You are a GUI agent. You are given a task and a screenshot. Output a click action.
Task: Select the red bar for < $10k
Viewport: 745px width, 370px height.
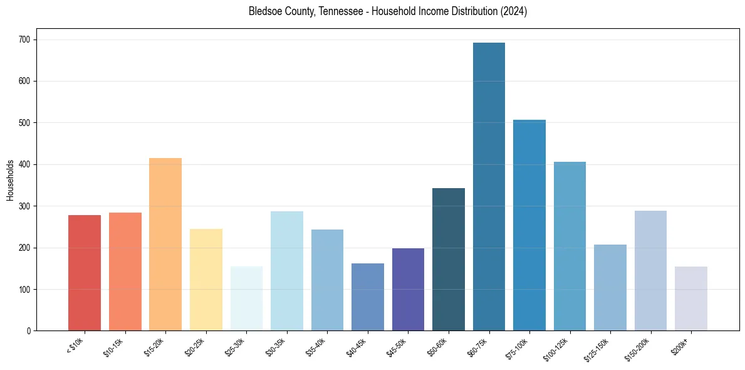pyautogui.click(x=85, y=273)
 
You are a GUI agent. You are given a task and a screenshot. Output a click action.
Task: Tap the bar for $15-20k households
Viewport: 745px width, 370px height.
pyautogui.click(x=165, y=245)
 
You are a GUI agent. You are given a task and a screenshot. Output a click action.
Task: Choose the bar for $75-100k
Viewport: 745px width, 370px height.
pyautogui.click(x=529, y=225)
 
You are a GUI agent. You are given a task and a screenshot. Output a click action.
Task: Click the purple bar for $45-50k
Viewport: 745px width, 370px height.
pyautogui.click(x=408, y=290)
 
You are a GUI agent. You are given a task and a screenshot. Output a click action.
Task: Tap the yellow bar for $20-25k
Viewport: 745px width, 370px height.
pyautogui.click(x=206, y=280)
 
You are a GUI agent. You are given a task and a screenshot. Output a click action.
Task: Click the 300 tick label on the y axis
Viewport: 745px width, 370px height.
pyautogui.click(x=28, y=206)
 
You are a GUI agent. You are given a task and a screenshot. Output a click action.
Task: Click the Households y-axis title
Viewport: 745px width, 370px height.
pyautogui.click(x=10, y=180)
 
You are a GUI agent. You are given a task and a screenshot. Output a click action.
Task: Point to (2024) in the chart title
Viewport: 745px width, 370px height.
pyautogui.click(x=513, y=12)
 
